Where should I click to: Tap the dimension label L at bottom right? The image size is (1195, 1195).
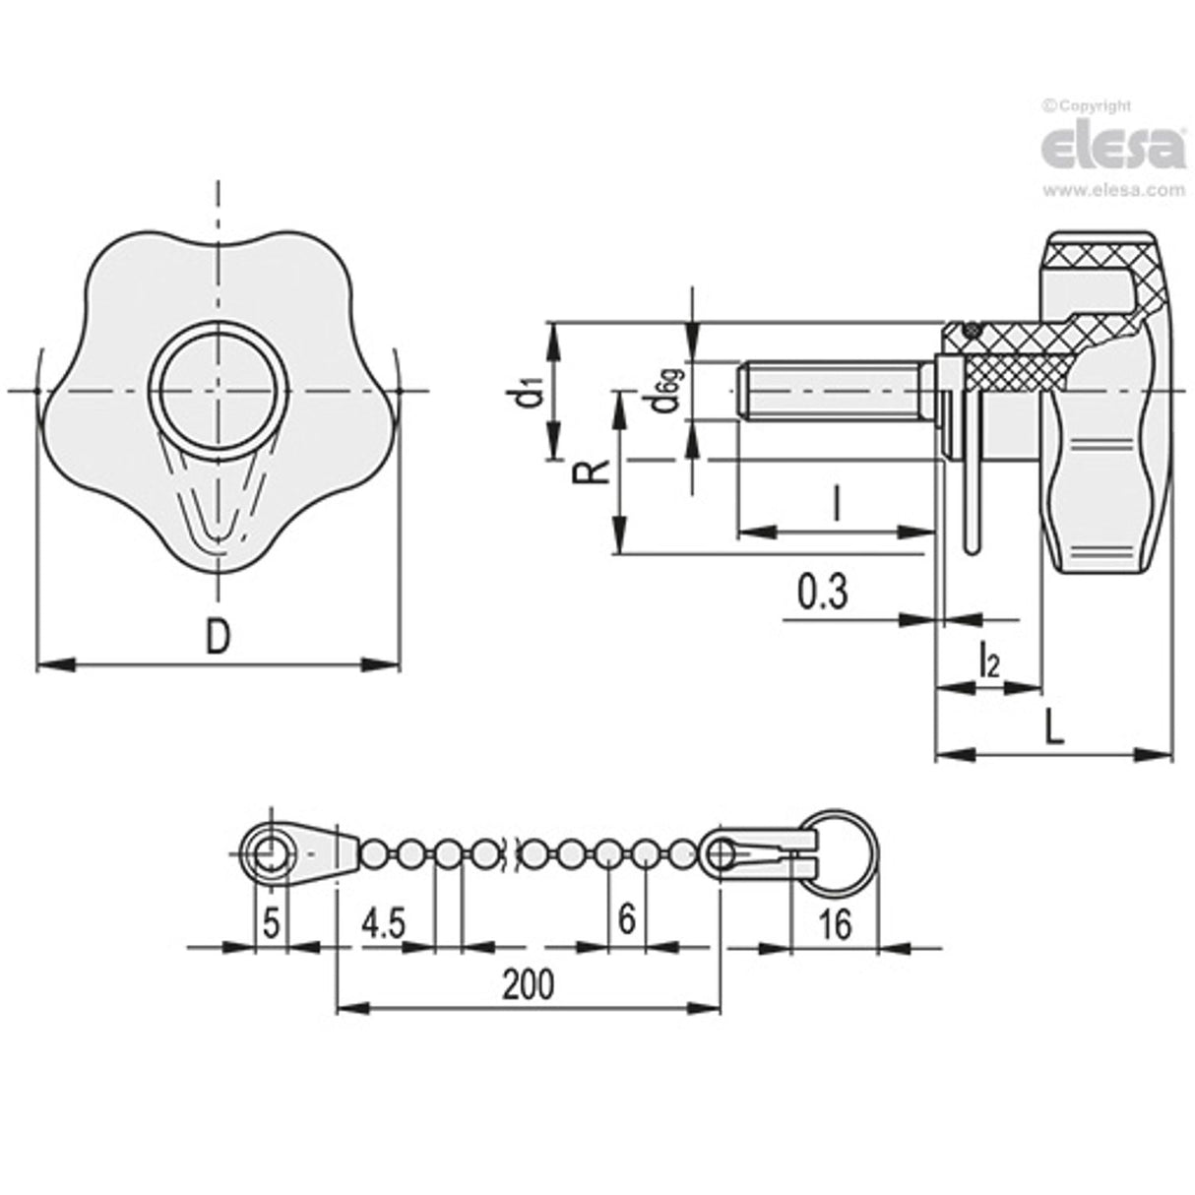click(1052, 727)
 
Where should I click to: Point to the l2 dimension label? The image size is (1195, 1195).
click(988, 663)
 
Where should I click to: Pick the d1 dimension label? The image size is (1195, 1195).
click(531, 391)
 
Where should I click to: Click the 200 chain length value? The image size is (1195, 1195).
click(528, 982)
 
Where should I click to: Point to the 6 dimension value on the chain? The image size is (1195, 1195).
click(626, 919)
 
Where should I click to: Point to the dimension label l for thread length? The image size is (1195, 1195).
click(835, 506)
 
